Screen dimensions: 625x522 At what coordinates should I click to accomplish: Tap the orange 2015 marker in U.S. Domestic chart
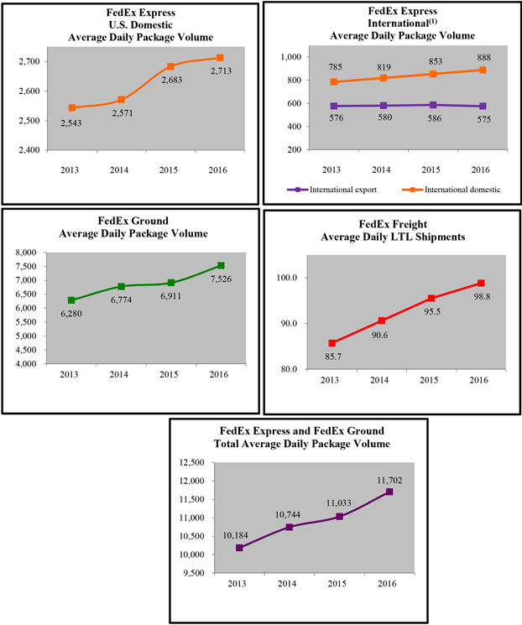pyautogui.click(x=171, y=66)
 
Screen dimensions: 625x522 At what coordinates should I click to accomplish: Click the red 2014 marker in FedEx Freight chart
pyautogui.click(x=382, y=320)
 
